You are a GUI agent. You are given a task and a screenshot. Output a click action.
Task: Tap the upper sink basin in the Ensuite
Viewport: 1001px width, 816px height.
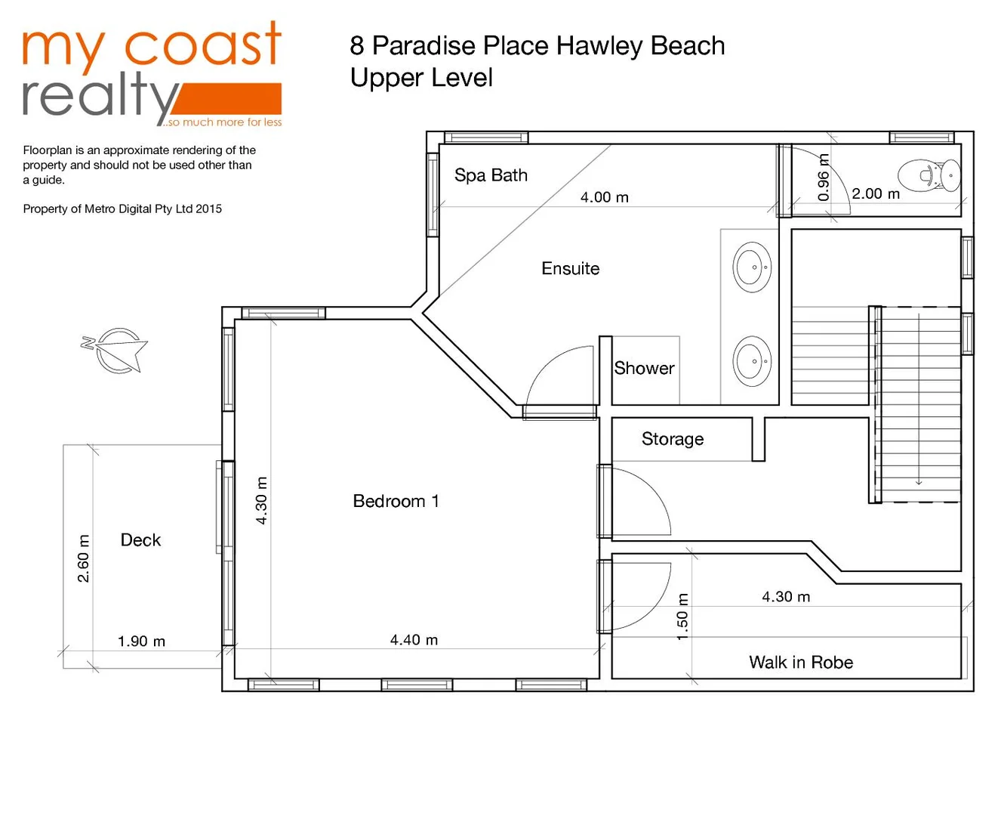752,267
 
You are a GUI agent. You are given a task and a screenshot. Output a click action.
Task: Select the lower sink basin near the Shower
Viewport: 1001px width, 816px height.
752,361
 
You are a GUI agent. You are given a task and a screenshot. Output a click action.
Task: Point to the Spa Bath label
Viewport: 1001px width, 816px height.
491,175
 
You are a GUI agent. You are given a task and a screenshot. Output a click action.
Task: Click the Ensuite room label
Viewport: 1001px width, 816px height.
570,268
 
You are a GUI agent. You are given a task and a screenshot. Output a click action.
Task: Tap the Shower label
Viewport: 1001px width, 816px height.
644,368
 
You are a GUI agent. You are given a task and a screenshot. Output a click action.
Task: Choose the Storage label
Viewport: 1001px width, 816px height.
672,439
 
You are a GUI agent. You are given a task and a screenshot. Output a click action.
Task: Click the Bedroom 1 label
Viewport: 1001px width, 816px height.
396,501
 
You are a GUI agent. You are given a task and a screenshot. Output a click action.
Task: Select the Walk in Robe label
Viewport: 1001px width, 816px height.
801,663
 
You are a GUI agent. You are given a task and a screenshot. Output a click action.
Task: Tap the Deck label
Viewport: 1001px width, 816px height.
140,539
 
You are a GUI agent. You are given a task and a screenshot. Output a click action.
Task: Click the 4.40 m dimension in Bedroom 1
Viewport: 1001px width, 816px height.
414,640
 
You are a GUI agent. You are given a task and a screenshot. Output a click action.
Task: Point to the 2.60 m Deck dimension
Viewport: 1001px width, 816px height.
83,558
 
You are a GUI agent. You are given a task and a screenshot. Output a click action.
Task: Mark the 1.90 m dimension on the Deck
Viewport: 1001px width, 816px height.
141,641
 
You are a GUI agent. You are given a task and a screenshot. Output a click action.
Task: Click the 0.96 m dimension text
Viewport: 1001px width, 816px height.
824,178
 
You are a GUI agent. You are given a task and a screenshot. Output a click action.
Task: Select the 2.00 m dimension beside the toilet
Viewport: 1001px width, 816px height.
876,193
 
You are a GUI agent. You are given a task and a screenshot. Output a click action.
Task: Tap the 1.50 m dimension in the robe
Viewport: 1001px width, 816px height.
682,617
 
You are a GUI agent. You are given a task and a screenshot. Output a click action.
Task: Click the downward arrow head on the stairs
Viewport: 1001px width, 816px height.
919,481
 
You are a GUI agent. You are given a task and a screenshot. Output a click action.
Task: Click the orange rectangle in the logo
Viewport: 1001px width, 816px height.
234,98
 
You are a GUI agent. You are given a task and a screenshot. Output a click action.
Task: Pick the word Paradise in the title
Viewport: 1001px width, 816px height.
424,46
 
